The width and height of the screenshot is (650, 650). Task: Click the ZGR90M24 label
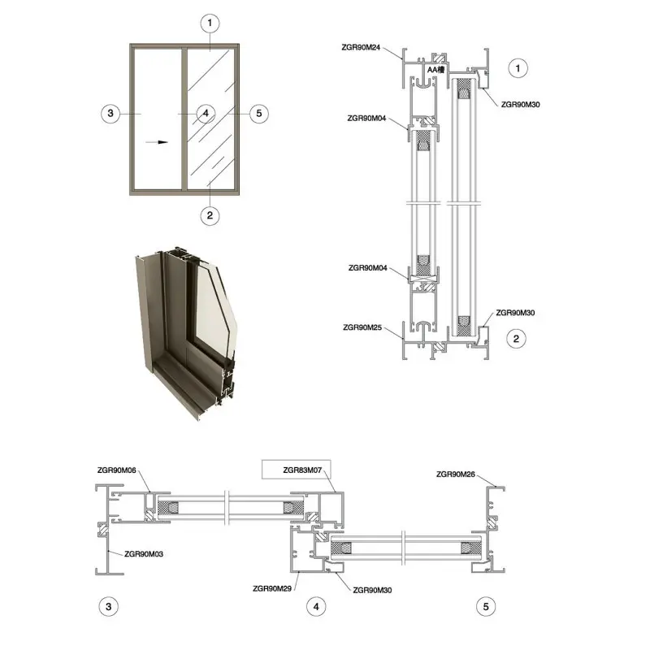tap(361, 47)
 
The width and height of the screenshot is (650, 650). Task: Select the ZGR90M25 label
tap(362, 327)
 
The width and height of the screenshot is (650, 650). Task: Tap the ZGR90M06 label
tap(116, 470)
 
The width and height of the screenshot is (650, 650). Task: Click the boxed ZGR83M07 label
tap(302, 470)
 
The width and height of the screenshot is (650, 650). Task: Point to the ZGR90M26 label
tap(456, 474)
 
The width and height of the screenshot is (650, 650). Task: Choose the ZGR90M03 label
tap(144, 554)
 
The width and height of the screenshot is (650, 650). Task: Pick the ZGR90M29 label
tap(272, 588)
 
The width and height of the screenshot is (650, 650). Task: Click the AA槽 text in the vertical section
tap(435, 70)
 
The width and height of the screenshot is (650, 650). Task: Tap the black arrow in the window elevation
tap(157, 142)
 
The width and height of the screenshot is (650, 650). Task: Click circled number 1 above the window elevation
tap(210, 24)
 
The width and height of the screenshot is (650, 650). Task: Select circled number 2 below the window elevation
tap(210, 215)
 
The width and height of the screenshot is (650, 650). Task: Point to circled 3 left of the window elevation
tap(110, 113)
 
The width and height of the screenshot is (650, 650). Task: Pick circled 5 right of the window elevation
tap(259, 113)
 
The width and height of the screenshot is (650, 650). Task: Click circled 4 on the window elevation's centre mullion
tap(206, 113)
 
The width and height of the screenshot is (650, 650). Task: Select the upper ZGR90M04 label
tap(366, 118)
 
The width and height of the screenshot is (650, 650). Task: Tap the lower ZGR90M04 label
tap(368, 268)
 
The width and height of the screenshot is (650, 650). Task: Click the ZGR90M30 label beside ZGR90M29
tap(372, 590)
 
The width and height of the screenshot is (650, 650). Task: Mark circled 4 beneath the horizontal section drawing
tap(316, 607)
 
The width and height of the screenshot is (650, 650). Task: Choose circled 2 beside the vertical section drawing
tap(516, 339)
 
